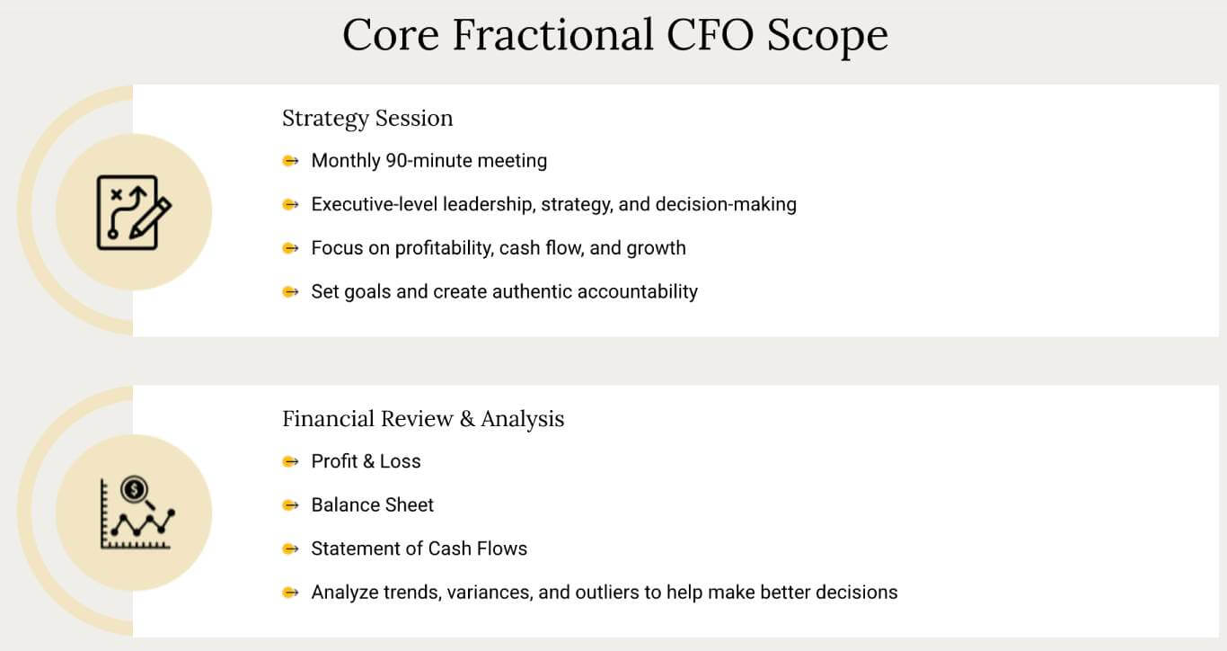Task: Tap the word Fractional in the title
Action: pyautogui.click(x=552, y=35)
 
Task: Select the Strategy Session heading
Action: pyautogui.click(x=367, y=119)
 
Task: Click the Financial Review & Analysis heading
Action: pyautogui.click(x=423, y=419)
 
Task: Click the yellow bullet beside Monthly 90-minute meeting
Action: pyautogui.click(x=290, y=161)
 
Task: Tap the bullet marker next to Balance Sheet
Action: pyautogui.click(x=290, y=505)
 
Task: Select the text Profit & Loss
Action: pyautogui.click(x=366, y=461)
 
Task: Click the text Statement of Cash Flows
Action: pyautogui.click(x=419, y=548)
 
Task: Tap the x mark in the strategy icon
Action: pyautogui.click(x=116, y=194)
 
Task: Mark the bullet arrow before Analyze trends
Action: pyautogui.click(x=290, y=593)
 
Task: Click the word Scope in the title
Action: pyautogui.click(x=827, y=36)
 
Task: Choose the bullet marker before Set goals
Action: pyautogui.click(x=290, y=291)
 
